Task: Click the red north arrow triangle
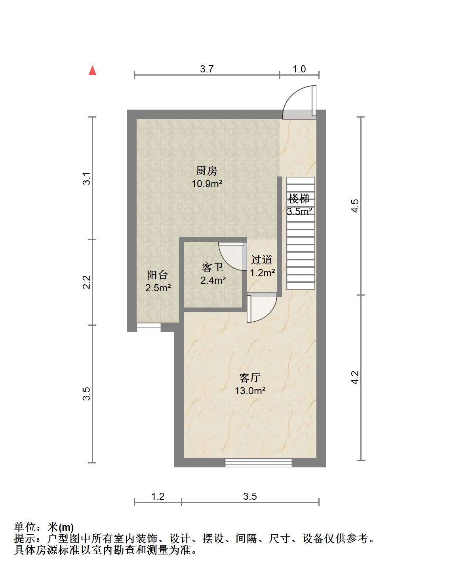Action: (92, 70)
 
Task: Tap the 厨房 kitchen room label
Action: (206, 171)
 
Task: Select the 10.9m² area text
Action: (207, 184)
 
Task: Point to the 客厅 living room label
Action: (249, 378)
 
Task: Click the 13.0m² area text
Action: (250, 391)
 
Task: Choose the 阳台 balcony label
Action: (158, 275)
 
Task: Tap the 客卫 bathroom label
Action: (213, 267)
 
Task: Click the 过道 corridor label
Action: (262, 260)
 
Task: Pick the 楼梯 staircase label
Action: (299, 198)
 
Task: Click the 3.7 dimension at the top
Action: (207, 69)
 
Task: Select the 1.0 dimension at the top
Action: (299, 69)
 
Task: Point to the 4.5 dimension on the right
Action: (355, 206)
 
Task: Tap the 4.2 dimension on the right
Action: (355, 378)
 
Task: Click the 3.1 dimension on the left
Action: (87, 178)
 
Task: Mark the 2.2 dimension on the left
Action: (87, 282)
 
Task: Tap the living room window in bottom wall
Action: (258, 462)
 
